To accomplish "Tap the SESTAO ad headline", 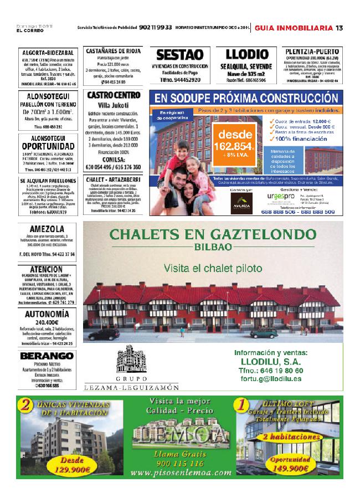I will (x=180, y=55).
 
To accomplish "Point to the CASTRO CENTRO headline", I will (x=114, y=95).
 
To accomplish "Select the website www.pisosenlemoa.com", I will (x=182, y=473).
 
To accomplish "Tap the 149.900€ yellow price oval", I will (x=290, y=464).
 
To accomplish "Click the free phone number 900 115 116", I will (x=181, y=463).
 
